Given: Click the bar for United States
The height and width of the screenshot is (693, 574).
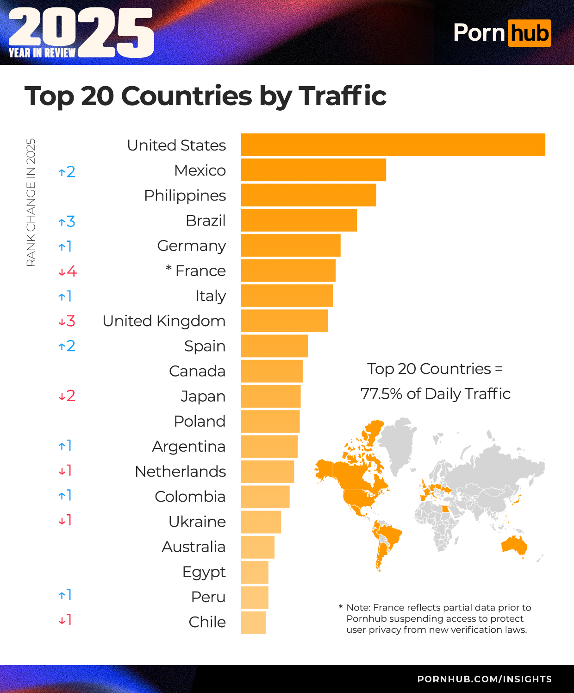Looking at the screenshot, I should tap(393, 145).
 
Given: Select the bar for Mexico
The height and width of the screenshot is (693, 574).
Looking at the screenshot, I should tap(313, 170).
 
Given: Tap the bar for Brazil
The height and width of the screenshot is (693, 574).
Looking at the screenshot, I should tap(299, 220).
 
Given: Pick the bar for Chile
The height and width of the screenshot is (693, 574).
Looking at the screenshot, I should tap(253, 623).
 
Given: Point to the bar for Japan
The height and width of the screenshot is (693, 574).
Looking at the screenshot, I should tap(271, 396).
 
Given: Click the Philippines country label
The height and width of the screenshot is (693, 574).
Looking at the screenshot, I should tap(185, 195).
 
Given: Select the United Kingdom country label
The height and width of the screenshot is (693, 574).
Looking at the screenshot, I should tap(164, 321).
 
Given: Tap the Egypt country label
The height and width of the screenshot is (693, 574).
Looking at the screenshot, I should tap(204, 572).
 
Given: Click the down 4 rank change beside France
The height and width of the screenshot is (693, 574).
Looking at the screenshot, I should tap(67, 271).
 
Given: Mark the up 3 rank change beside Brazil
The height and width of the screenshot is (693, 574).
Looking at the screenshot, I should tap(67, 221).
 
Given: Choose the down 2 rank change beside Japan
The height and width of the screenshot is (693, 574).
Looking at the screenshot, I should tap(67, 396).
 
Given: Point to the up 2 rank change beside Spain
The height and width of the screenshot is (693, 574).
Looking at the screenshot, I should tap(67, 346).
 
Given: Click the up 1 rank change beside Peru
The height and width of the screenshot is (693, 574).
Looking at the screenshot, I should tap(65, 595).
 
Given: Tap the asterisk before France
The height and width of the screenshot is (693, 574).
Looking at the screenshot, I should tap(168, 269).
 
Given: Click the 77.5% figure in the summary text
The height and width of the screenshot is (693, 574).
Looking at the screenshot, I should tap(381, 394).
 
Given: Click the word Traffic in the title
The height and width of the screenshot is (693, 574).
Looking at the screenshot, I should tap(343, 96).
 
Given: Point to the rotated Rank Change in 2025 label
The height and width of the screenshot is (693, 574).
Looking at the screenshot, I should tap(31, 202).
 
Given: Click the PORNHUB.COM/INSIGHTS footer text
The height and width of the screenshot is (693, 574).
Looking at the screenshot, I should tap(484, 679).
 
